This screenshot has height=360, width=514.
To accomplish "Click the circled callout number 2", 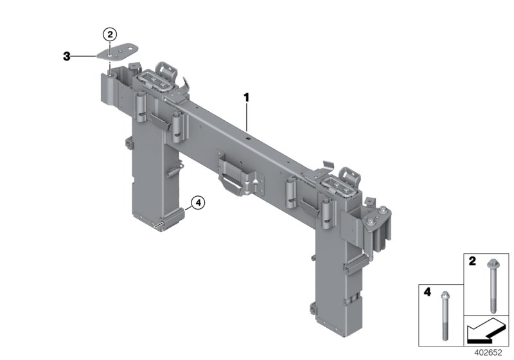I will coord(111,34).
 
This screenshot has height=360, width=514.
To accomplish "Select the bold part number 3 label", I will coord(66,57).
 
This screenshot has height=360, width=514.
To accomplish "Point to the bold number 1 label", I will coord(245,97).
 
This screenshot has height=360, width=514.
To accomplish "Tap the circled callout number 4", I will coord(198,203).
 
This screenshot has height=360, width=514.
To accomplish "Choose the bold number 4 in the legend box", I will coord(427,292).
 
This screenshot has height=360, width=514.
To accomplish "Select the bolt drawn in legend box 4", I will coord(445,314).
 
